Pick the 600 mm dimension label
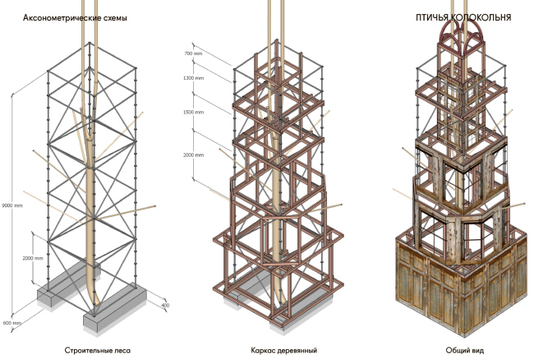coord(11,321)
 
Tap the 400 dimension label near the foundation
coord(166,306)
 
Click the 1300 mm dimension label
coord(193,78)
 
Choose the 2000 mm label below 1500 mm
coord(193,154)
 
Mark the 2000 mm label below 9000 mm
coord(33,257)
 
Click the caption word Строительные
coord(87,350)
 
